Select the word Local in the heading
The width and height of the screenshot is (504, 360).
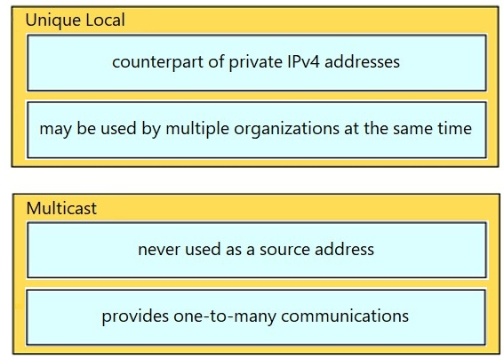pos(105,20)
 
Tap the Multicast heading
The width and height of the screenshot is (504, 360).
pos(61,208)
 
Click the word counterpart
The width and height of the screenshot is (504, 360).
pos(157,61)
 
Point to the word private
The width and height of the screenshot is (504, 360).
pos(255,61)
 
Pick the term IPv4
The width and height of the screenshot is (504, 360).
pos(303,61)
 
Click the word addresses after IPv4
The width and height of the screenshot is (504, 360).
pos(362,61)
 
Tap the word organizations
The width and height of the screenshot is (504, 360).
pos(286,129)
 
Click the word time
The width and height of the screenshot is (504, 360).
pos(455,129)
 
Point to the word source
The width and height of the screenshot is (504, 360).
pos(285,250)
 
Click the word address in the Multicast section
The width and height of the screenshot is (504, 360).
pos(345,249)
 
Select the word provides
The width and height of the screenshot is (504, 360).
pos(135,316)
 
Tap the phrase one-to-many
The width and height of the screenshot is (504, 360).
pos(225,316)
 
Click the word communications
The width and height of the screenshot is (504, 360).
pos(345,316)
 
